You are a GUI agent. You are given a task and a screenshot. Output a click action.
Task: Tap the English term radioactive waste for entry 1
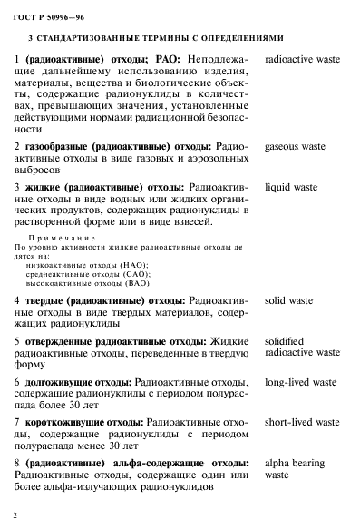pos(302,59)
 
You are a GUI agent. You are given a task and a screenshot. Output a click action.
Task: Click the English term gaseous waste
pos(295,145)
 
